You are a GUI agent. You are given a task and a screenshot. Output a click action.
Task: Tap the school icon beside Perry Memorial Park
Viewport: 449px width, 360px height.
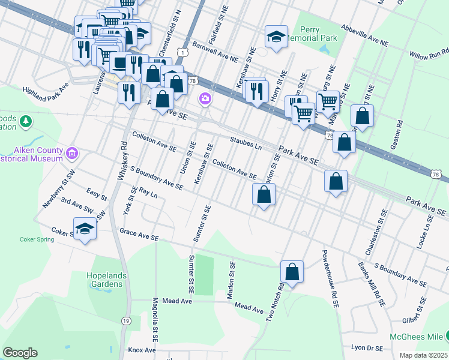point(276,37)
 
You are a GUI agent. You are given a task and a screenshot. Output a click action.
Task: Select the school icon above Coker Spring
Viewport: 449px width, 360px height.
point(85,229)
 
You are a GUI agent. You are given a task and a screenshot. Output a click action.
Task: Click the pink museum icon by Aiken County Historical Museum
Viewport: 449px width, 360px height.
point(73,154)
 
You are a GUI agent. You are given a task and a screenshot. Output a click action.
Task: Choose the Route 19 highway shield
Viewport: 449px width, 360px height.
point(126,321)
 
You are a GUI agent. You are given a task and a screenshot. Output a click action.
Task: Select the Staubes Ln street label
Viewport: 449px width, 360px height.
point(247,143)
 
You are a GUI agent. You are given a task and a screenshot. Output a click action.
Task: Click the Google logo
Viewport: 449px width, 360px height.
point(20,353)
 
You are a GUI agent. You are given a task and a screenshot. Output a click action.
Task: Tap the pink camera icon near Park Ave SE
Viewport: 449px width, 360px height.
point(205,98)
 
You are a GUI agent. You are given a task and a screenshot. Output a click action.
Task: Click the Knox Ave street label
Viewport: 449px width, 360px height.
point(142,350)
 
